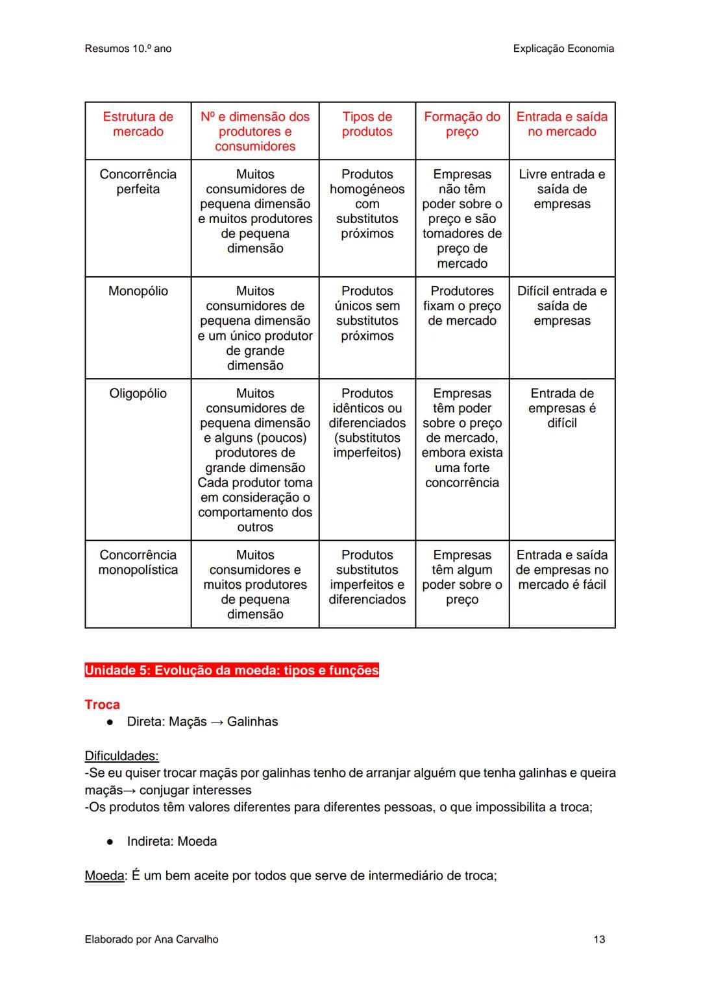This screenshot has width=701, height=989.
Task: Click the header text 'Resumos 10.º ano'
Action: [128, 49]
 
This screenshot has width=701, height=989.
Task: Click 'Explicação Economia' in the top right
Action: [563, 49]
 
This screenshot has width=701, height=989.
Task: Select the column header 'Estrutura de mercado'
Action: [138, 124]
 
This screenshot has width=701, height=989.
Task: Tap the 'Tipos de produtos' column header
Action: [367, 124]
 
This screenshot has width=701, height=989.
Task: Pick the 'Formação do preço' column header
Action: [461, 124]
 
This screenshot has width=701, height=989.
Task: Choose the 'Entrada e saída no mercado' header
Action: [561, 124]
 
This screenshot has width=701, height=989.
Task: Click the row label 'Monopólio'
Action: [138, 291]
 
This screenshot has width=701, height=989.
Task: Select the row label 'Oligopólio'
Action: [138, 394]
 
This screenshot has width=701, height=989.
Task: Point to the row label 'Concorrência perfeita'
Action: [138, 182]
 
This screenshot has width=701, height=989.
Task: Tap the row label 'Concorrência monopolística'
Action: [138, 562]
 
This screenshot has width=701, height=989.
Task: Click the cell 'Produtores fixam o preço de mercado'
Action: [461, 306]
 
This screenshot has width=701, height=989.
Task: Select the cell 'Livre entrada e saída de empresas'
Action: [561, 189]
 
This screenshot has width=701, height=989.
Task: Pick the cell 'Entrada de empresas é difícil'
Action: [561, 408]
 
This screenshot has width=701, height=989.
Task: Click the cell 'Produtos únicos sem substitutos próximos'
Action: [367, 313]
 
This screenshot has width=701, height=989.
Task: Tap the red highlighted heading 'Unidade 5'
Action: [232, 670]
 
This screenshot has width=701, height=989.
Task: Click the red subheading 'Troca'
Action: [102, 704]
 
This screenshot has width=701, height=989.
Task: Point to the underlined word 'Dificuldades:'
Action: [121, 756]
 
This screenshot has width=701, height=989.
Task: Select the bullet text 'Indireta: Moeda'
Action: [171, 841]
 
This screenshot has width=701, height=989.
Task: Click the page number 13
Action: [598, 939]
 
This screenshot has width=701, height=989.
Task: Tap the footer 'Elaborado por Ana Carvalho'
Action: [151, 939]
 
